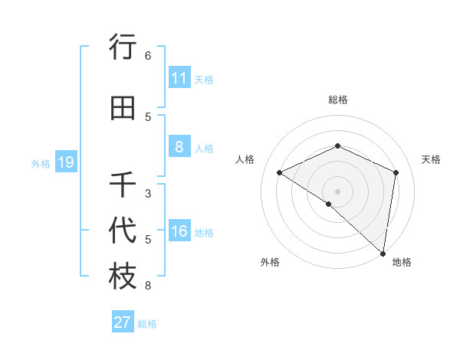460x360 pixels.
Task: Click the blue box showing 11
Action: tap(179, 78)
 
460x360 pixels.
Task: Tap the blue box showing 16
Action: tap(179, 232)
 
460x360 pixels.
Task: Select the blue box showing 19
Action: tap(65, 162)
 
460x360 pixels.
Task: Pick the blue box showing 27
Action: tap(123, 322)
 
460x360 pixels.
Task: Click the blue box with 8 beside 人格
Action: tap(179, 147)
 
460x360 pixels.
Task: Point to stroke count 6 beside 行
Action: tap(148, 56)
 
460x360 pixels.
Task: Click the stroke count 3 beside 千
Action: tap(148, 193)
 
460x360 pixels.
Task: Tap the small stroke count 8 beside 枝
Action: tap(148, 286)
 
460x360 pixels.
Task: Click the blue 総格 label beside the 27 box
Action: tap(147, 324)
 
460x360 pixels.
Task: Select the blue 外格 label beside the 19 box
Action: tap(41, 163)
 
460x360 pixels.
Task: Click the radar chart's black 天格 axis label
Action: tap(431, 159)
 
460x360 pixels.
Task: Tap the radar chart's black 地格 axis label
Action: tap(402, 262)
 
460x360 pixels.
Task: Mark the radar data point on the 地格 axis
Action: tap(383, 254)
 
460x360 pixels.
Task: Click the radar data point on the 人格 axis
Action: tap(280, 172)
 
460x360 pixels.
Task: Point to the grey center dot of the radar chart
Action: tap(337, 191)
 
